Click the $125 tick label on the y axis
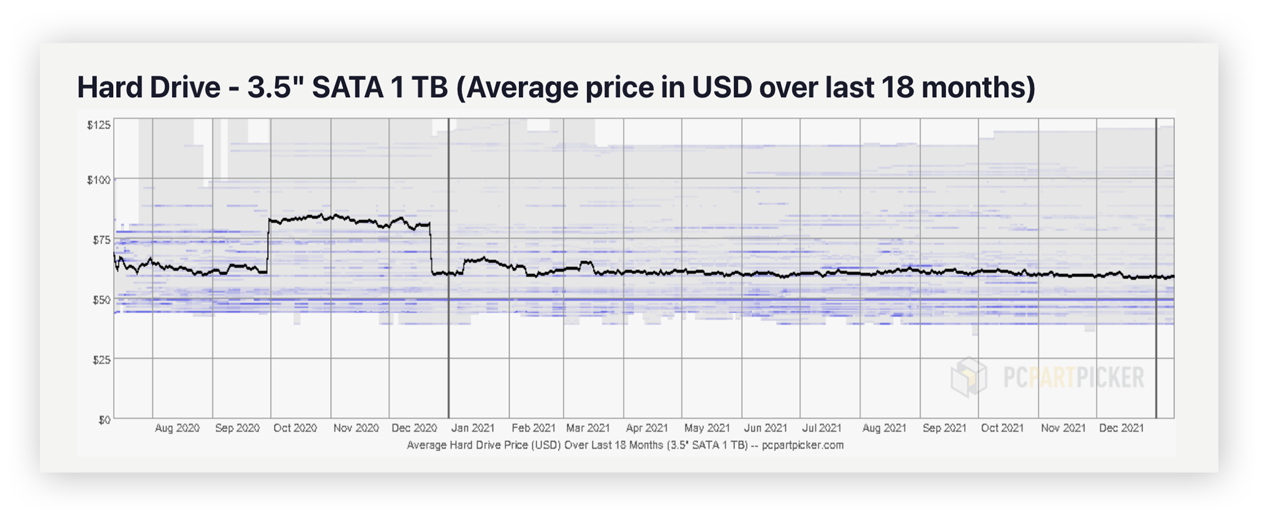click(x=98, y=125)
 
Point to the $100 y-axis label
click(x=98, y=180)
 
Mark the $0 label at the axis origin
click(x=104, y=420)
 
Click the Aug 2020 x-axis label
click(x=177, y=428)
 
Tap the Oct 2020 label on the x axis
click(x=295, y=428)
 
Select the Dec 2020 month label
click(x=414, y=428)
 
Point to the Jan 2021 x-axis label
click(x=473, y=428)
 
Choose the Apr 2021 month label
click(x=647, y=428)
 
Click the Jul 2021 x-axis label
click(x=821, y=428)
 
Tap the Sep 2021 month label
click(x=944, y=428)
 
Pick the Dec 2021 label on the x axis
click(x=1121, y=428)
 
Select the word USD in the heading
click(x=722, y=87)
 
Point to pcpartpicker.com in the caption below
click(x=802, y=445)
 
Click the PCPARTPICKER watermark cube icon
click(x=968, y=377)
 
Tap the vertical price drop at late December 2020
click(x=431, y=249)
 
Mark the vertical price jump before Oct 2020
click(x=268, y=246)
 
